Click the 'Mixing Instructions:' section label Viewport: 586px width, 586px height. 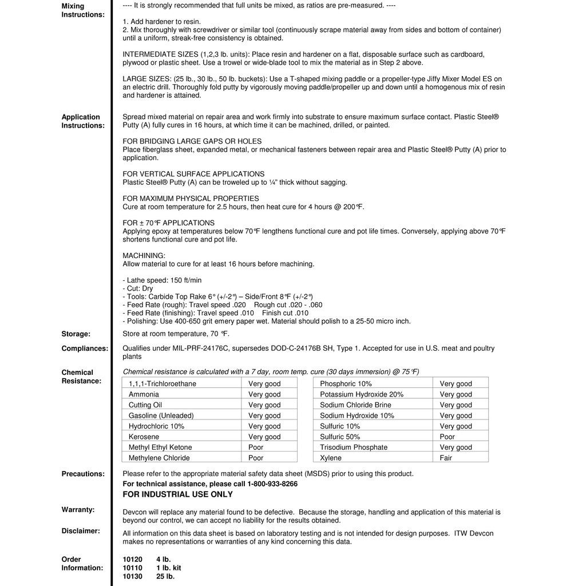(83, 10)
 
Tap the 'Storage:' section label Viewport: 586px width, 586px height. (76, 334)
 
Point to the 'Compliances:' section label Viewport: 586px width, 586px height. (85, 349)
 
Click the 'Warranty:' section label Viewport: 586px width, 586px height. (78, 509)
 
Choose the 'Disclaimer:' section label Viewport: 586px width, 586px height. (81, 530)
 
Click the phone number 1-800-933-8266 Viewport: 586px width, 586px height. (272, 484)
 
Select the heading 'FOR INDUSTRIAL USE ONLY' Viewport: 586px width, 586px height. (177, 494)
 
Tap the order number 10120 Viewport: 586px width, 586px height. (132, 559)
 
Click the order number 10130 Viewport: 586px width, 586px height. (132, 576)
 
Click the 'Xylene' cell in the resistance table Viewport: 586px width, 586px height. (331, 458)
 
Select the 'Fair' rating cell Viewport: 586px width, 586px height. (446, 458)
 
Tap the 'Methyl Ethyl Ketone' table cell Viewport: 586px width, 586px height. (160, 447)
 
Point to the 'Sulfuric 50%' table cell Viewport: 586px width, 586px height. (340, 437)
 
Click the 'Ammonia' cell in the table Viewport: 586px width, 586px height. (144, 394)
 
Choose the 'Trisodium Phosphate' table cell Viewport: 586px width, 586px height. (354, 447)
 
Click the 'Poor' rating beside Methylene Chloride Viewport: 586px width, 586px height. (256, 458)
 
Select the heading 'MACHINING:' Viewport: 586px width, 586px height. (144, 255)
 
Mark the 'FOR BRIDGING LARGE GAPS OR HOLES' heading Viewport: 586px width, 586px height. (192, 141)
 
